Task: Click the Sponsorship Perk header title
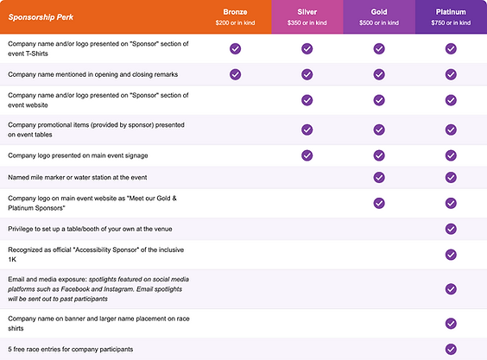pyautogui.click(x=41, y=17)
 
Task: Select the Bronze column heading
pyautogui.click(x=235, y=12)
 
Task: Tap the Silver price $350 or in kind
pyautogui.click(x=307, y=22)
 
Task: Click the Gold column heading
pyautogui.click(x=379, y=12)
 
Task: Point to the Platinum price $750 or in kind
pyautogui.click(x=451, y=22)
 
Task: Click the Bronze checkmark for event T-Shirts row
pyautogui.click(x=235, y=48)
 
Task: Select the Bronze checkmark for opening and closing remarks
pyautogui.click(x=235, y=74)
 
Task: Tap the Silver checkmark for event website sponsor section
pyautogui.click(x=307, y=100)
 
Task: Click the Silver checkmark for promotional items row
pyautogui.click(x=307, y=129)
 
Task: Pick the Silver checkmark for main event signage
pyautogui.click(x=307, y=155)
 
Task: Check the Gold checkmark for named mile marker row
pyautogui.click(x=379, y=177)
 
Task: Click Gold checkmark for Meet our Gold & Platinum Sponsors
pyautogui.click(x=379, y=203)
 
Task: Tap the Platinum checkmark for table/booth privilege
pyautogui.click(x=451, y=229)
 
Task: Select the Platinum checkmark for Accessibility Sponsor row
pyautogui.click(x=451, y=255)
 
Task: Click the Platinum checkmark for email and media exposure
pyautogui.click(x=451, y=289)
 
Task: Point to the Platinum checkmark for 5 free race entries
pyautogui.click(x=451, y=349)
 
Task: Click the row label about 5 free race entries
pyautogui.click(x=71, y=350)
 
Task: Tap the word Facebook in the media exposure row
pyautogui.click(x=75, y=289)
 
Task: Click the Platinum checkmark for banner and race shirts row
pyautogui.click(x=451, y=324)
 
